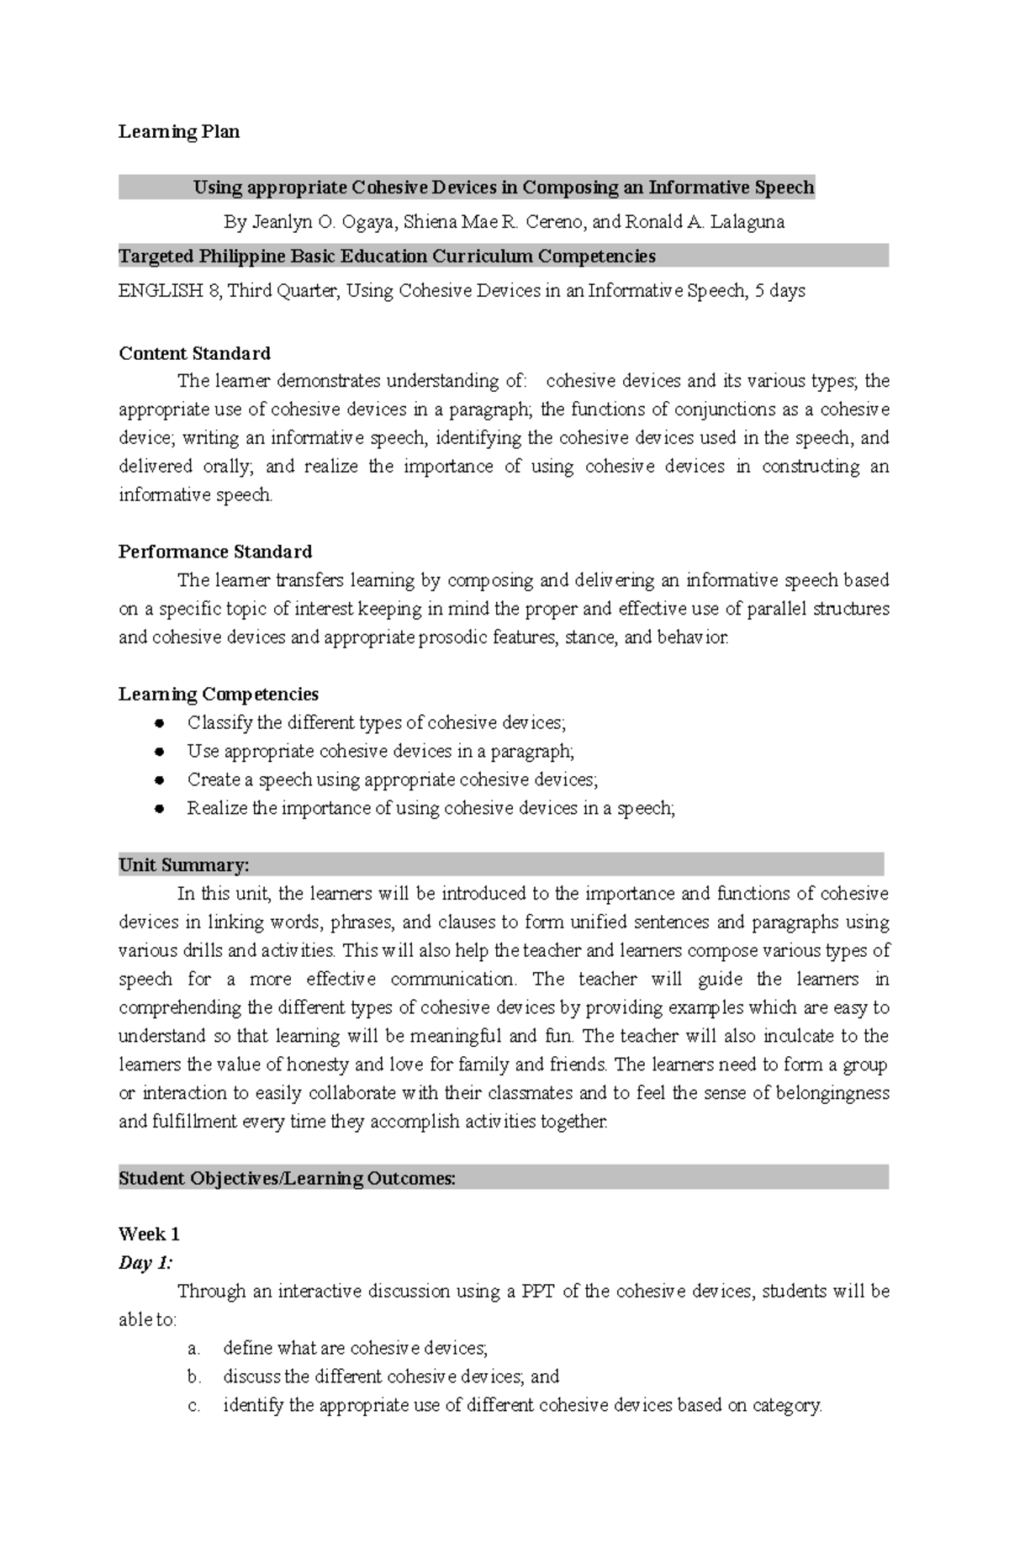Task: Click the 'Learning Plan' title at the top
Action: tap(179, 131)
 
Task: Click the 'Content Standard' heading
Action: tap(194, 353)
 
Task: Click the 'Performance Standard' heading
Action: tap(215, 552)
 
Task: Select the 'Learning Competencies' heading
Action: tap(219, 694)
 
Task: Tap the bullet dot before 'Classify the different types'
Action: tap(159, 723)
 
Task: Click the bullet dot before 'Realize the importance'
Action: tap(159, 809)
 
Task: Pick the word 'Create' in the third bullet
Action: tap(214, 779)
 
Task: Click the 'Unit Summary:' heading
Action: tap(184, 865)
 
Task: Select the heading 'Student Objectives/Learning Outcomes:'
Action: tap(287, 1178)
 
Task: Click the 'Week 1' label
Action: tap(149, 1234)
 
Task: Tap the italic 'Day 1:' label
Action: tap(145, 1263)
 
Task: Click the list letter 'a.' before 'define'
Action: tap(194, 1349)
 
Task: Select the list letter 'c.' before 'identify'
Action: tap(194, 1405)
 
